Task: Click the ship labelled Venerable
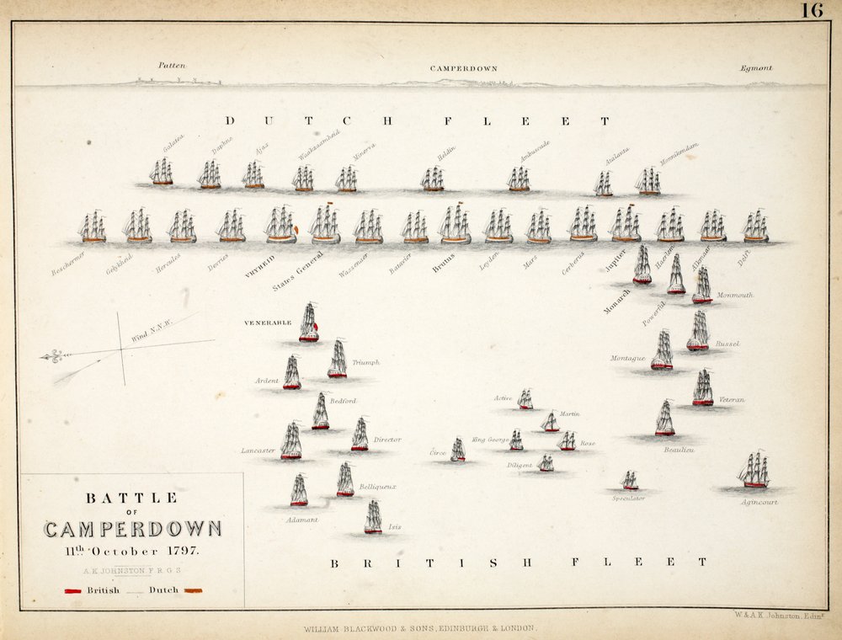(309, 323)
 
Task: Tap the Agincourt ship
(754, 470)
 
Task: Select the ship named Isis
(373, 517)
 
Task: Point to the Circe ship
(458, 450)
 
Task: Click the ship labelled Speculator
(629, 481)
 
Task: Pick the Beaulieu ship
(665, 419)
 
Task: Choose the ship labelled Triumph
(338, 359)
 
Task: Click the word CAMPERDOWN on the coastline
(463, 68)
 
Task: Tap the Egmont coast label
(755, 68)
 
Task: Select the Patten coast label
(172, 65)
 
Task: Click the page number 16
(812, 11)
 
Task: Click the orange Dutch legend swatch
(194, 590)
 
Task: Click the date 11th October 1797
(134, 552)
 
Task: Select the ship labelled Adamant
(299, 490)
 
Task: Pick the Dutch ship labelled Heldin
(433, 179)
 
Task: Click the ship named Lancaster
(291, 441)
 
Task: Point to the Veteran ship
(703, 388)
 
